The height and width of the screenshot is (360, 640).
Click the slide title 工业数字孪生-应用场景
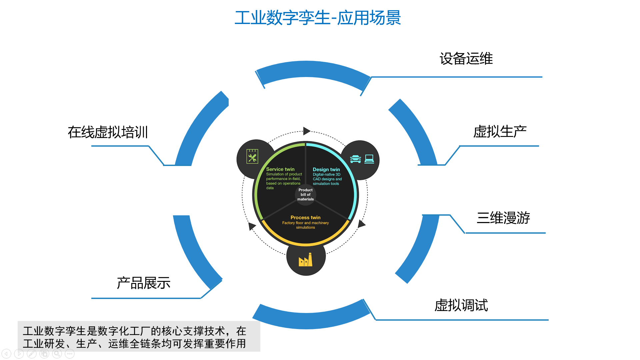coord(318,18)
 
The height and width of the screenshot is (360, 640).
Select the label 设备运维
coord(466,59)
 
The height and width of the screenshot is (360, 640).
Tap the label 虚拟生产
coord(500,132)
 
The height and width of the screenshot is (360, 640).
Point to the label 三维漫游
coord(503,218)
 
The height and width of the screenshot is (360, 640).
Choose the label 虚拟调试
coord(461,305)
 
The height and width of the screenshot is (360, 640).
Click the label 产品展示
coord(144,283)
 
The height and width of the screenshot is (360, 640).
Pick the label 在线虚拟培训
coord(108,132)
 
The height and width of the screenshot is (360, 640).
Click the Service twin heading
coord(280,169)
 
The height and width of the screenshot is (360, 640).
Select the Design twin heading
coord(326,169)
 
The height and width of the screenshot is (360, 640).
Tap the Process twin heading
coord(305,217)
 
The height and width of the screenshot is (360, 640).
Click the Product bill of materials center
coord(305,194)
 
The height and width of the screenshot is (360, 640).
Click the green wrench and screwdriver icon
coord(252,156)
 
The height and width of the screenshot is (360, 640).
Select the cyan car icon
coord(356,159)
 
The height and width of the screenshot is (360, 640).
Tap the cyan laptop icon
coord(369,159)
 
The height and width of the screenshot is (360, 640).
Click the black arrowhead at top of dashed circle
coord(307,131)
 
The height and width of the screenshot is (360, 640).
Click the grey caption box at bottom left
coord(139,336)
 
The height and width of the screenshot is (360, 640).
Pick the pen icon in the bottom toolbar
coord(32,354)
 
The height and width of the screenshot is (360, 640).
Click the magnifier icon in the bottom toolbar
coord(57,354)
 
